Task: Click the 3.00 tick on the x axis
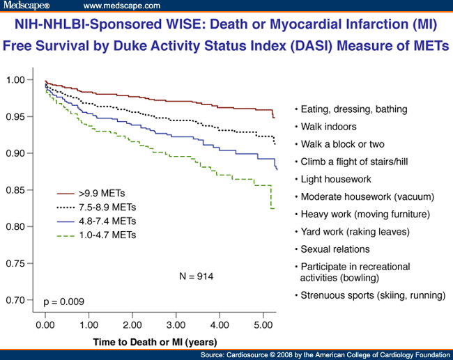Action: coord(176,325)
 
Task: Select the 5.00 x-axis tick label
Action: coord(264,325)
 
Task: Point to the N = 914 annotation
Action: coord(197,276)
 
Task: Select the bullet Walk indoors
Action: coord(328,127)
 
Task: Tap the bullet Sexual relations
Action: coord(335,249)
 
